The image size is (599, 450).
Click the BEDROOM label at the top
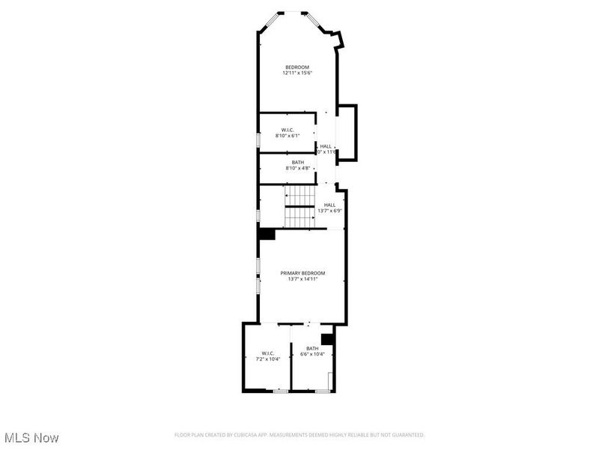point(297,67)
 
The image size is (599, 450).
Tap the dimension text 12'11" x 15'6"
point(297,73)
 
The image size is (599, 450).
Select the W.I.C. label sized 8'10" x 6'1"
point(287,130)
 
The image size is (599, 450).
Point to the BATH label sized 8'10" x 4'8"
point(298,163)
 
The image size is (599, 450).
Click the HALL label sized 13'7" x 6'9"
point(329,205)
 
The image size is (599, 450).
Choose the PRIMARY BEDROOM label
point(302,273)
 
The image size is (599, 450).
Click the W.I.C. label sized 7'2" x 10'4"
point(267,352)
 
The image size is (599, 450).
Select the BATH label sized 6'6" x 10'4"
point(311,348)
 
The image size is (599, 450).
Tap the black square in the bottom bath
point(326,339)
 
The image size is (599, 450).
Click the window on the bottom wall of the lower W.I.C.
point(280,391)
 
